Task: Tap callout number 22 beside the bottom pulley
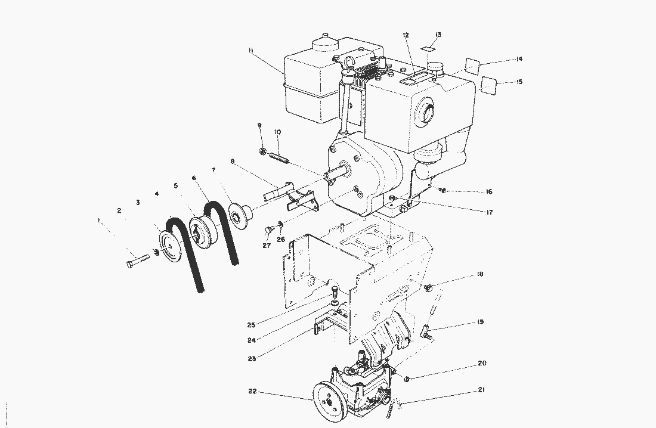click(253, 392)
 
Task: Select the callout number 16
click(488, 192)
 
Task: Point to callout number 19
click(480, 322)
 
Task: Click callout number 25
click(252, 325)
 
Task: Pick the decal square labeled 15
click(489, 86)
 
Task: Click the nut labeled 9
click(262, 152)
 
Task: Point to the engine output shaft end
click(328, 175)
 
